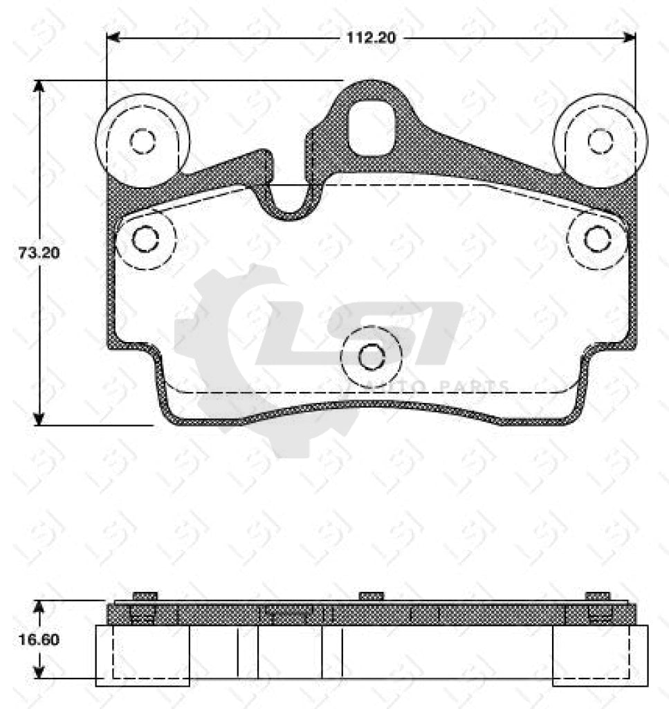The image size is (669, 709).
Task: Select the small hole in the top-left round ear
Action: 143,141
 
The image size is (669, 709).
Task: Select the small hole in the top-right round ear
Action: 600,141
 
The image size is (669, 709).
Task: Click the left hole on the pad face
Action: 145,240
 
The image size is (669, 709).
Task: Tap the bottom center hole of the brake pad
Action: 372,357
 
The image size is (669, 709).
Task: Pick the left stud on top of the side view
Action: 145,596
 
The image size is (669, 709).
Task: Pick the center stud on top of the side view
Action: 372,596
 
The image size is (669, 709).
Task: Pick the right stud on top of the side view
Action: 597,596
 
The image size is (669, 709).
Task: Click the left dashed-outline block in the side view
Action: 143,654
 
